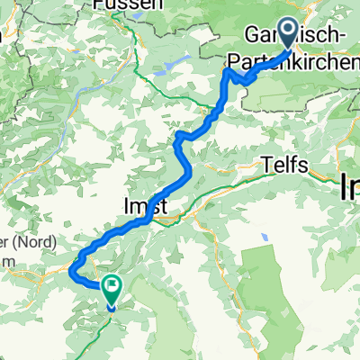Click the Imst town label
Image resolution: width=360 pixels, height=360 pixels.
[x=142, y=207]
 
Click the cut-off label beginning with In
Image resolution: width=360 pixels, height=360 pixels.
[x=350, y=189]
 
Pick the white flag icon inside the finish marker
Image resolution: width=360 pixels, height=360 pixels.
[x=113, y=289]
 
